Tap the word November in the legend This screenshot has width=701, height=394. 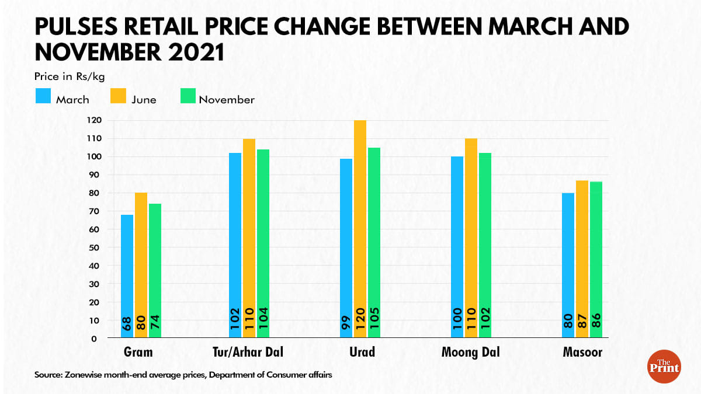(x=227, y=100)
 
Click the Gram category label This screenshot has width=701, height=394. (x=138, y=353)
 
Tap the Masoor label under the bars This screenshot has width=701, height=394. (x=582, y=353)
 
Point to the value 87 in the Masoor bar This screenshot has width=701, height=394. (x=582, y=320)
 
